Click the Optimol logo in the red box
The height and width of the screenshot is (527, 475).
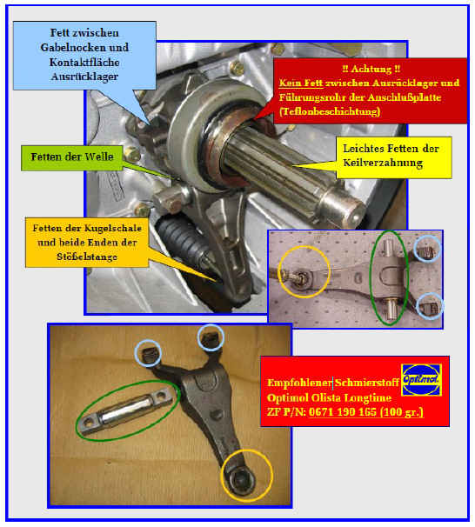422,380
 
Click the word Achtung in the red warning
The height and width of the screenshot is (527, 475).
371,69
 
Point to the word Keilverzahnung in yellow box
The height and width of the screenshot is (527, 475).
383,163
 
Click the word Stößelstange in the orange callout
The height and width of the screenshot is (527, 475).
87,257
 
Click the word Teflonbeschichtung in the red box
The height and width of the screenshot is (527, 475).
330,111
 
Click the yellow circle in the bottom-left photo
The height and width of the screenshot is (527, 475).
246,475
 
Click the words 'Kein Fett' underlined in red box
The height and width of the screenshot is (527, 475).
301,83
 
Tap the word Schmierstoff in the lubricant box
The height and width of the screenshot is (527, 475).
366,383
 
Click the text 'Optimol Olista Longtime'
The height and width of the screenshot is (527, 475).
329,398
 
